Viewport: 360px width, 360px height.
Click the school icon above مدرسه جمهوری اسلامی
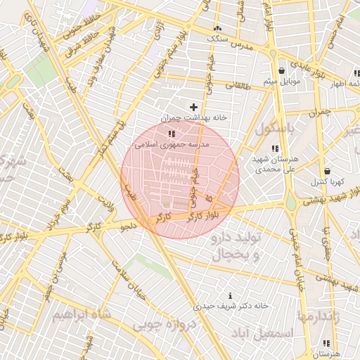tap(171, 133)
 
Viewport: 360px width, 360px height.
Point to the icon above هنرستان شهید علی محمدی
tap(275, 148)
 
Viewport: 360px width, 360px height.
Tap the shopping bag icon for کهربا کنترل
tap(328, 171)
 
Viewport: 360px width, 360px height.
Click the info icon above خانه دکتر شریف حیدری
tap(231, 295)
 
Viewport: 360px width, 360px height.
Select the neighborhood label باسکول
tap(277, 129)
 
